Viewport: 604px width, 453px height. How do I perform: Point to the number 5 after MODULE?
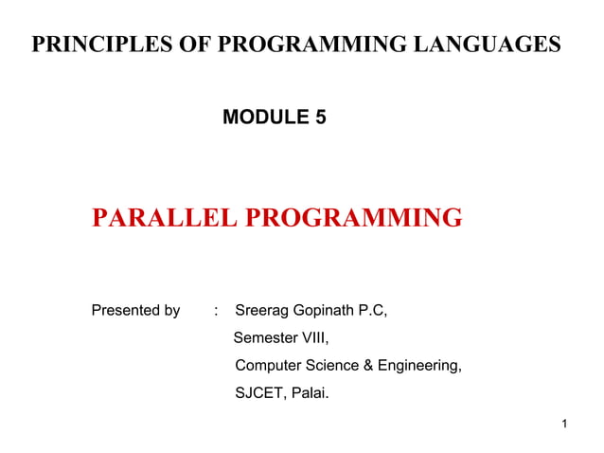point(319,118)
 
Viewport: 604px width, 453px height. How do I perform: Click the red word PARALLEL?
point(164,219)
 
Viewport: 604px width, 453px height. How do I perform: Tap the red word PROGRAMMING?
point(353,219)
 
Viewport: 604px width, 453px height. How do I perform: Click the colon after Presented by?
point(217,311)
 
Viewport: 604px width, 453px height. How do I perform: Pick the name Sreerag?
point(264,311)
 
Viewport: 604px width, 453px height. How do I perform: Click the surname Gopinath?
point(328,311)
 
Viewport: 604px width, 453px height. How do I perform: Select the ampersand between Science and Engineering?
point(368,365)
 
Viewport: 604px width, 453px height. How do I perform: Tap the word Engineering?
point(419,365)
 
